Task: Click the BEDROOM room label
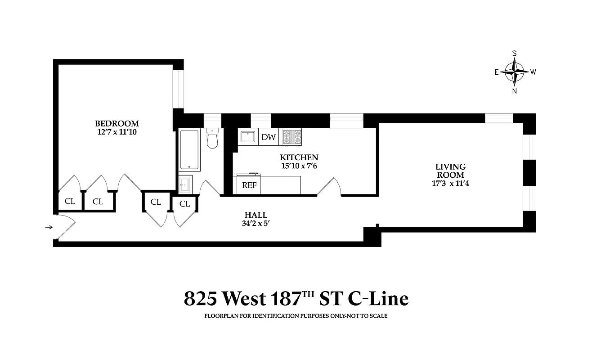point(117,123)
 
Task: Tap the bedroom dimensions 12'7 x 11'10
point(117,132)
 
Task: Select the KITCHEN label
point(299,157)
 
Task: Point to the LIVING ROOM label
point(450,171)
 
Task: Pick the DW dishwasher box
point(269,137)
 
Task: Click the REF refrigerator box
point(249,185)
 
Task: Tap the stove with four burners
point(292,137)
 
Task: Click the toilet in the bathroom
point(212,139)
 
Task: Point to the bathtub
point(188,149)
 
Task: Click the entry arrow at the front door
point(49,227)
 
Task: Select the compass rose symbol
point(514,72)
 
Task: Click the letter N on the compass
point(514,91)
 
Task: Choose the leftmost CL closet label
point(70,201)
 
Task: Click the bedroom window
point(179,89)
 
